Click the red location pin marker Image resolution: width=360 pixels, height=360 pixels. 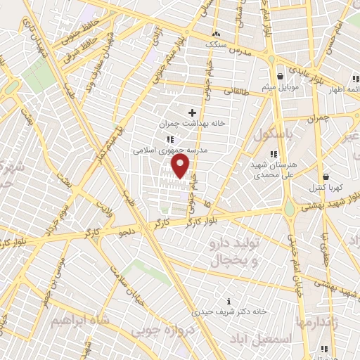(x=181, y=166)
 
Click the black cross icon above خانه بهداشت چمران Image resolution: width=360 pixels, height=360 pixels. (x=191, y=112)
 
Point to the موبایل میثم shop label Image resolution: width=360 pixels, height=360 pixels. (x=281, y=87)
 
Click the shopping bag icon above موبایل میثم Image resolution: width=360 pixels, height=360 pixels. (x=281, y=76)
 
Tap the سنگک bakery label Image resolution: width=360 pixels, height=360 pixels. (x=216, y=44)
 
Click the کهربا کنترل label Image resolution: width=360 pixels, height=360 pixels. (x=325, y=188)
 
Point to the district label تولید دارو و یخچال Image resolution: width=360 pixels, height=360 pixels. (x=234, y=251)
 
